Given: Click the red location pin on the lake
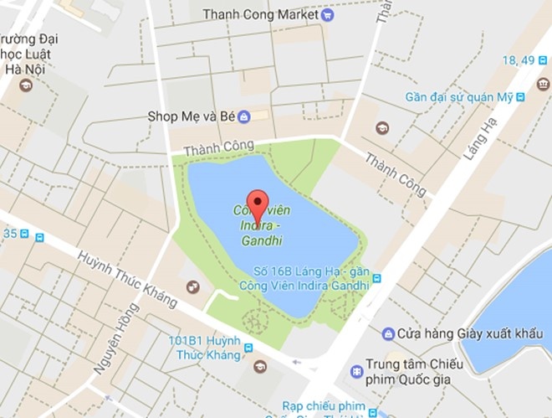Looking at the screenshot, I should click(259, 204).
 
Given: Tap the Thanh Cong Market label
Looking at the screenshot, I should click(261, 14).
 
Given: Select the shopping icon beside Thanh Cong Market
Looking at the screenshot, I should click(327, 14).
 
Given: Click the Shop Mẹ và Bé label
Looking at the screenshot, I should click(190, 116).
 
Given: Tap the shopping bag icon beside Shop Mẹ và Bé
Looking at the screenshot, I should click(243, 116).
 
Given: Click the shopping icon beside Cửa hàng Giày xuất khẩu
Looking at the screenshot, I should click(388, 334).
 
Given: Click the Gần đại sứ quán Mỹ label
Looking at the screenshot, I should click(459, 97).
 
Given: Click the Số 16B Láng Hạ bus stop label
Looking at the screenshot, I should click(311, 279).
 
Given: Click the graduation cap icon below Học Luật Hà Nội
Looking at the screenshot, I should click(25, 85).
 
